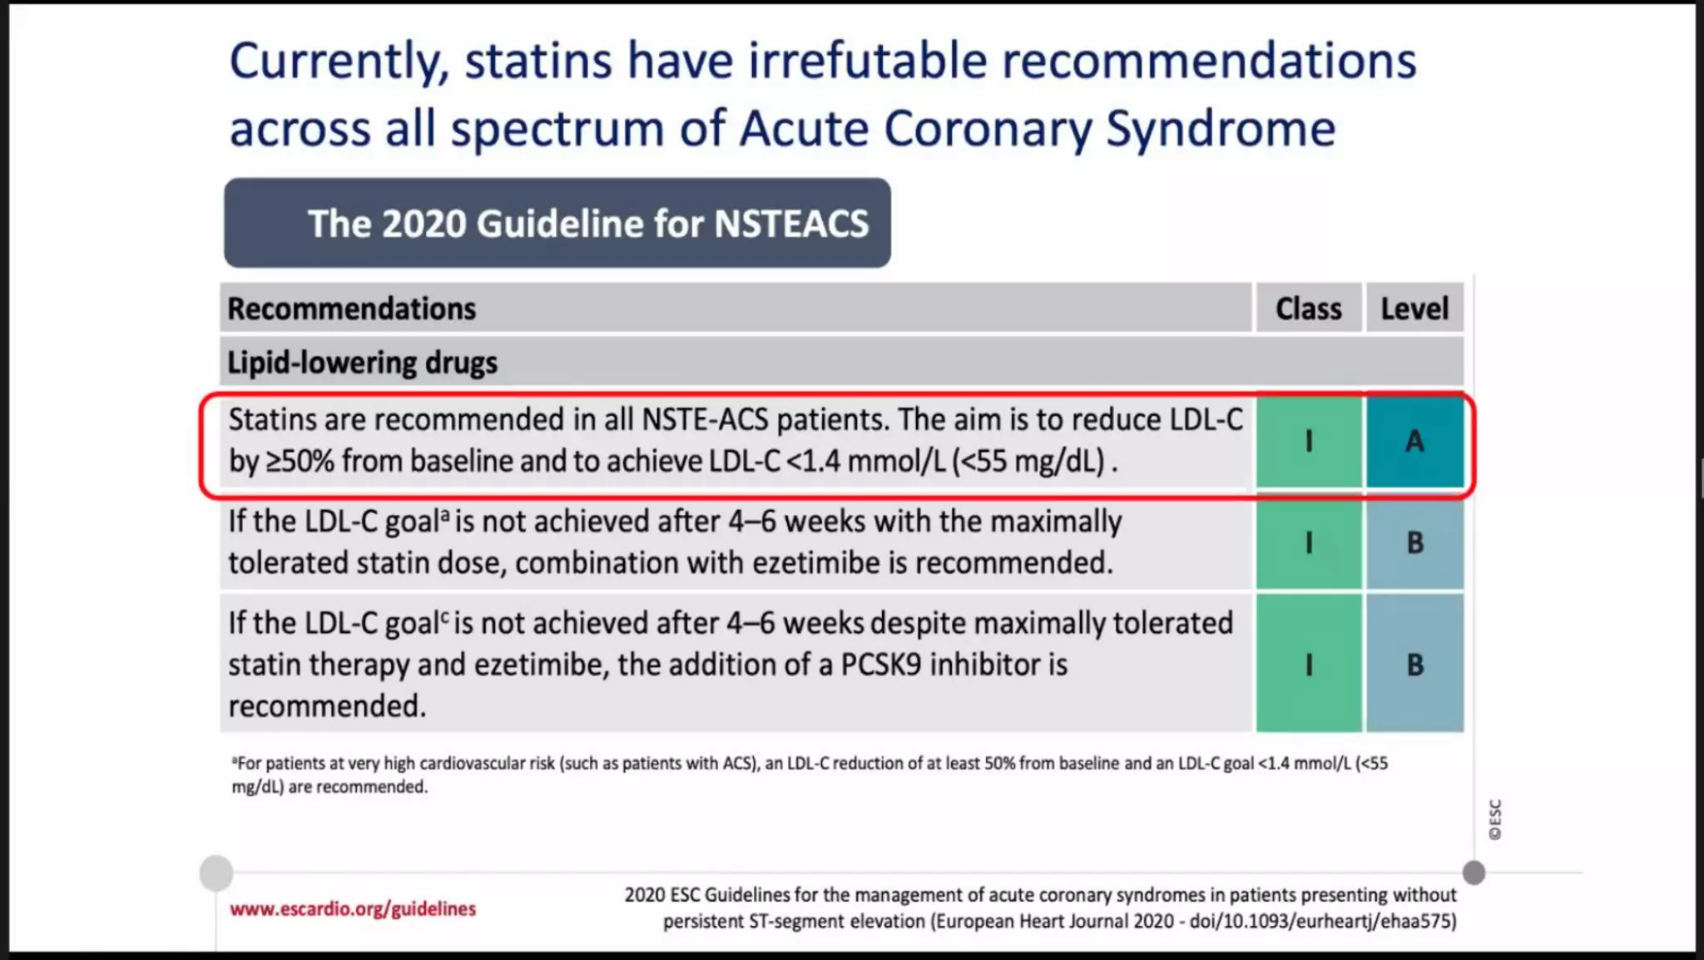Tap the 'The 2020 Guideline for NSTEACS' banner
(557, 223)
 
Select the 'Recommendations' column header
(351, 309)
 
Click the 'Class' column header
(1308, 309)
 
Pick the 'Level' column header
(1414, 309)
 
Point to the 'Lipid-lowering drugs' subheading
(362, 363)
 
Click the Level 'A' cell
(1414, 441)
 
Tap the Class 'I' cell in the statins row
(1309, 441)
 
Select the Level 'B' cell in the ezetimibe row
(1414, 543)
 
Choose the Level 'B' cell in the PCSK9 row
(1414, 665)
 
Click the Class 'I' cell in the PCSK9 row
(1309, 665)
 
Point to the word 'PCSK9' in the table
(881, 665)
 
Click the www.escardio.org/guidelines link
(353, 908)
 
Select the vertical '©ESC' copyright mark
(1495, 819)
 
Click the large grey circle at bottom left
(216, 873)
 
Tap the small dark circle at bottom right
(1474, 873)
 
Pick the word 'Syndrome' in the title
(1220, 129)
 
